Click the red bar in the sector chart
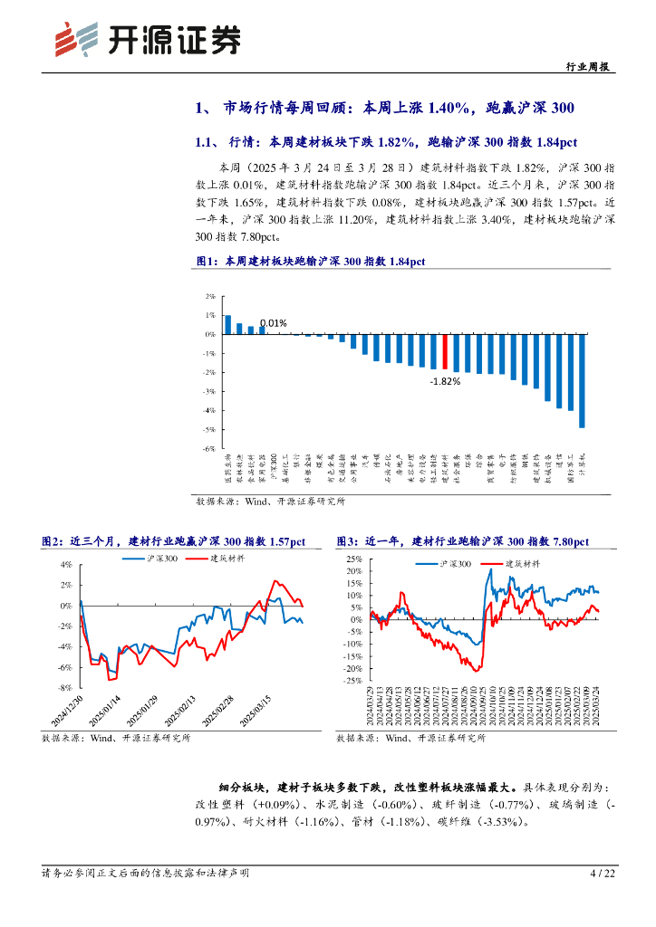coord(445,351)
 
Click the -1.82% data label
coord(444,381)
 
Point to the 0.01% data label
coord(273,323)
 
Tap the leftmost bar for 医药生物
coord(227,324)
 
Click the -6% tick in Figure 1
coord(209,448)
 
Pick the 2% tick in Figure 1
coord(210,296)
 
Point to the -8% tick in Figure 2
coord(64,688)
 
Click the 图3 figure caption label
coord(347,541)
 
